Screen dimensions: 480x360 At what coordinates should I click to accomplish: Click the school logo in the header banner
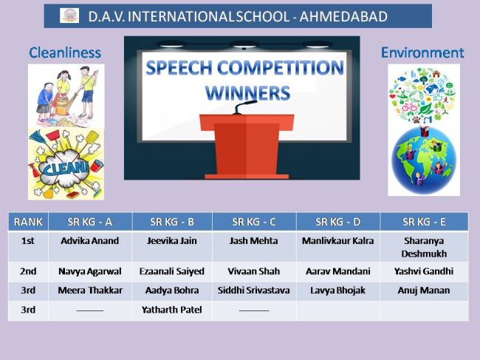click(69, 16)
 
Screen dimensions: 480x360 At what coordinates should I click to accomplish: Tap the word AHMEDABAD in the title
click(343, 16)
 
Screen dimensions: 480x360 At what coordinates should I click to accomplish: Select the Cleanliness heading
click(65, 52)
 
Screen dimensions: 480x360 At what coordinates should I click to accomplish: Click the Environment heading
click(422, 52)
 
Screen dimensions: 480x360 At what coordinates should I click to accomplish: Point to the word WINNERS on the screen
click(247, 93)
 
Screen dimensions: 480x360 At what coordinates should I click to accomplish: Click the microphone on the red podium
click(244, 107)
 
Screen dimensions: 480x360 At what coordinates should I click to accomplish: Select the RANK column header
click(28, 222)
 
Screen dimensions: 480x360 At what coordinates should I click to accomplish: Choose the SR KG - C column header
click(254, 222)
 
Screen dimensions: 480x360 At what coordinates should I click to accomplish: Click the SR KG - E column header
click(424, 222)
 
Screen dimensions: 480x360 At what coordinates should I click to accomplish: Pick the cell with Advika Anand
click(90, 247)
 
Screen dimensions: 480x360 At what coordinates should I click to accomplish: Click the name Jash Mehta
click(254, 241)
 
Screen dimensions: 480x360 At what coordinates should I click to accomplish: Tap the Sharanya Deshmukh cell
click(424, 247)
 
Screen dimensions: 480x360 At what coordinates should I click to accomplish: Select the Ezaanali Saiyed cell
click(172, 271)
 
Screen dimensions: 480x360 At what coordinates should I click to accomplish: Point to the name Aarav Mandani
click(338, 271)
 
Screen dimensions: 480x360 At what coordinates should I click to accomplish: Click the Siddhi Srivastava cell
click(254, 291)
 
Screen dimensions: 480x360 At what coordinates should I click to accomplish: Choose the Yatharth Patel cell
click(172, 310)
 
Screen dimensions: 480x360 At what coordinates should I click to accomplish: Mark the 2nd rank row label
click(28, 271)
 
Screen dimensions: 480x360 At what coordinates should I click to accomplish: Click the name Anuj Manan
click(424, 291)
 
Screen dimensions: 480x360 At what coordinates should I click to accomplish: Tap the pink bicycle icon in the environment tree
click(409, 107)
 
